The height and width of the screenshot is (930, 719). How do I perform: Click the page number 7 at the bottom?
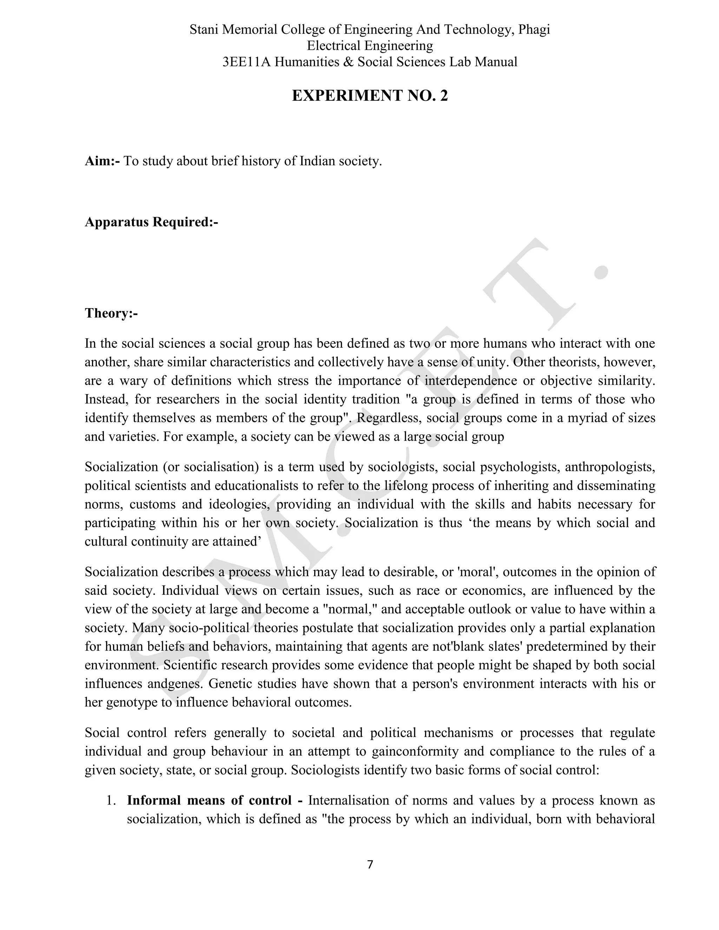(x=370, y=864)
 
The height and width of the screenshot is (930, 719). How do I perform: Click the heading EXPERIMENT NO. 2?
(x=370, y=96)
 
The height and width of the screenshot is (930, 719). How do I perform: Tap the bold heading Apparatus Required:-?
(x=151, y=222)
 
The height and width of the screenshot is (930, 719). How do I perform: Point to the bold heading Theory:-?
(x=111, y=313)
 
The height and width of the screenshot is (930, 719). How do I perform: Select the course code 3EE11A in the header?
(x=246, y=62)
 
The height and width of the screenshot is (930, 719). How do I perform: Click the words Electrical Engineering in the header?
(x=370, y=46)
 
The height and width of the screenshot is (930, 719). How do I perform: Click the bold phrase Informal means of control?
(x=209, y=800)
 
